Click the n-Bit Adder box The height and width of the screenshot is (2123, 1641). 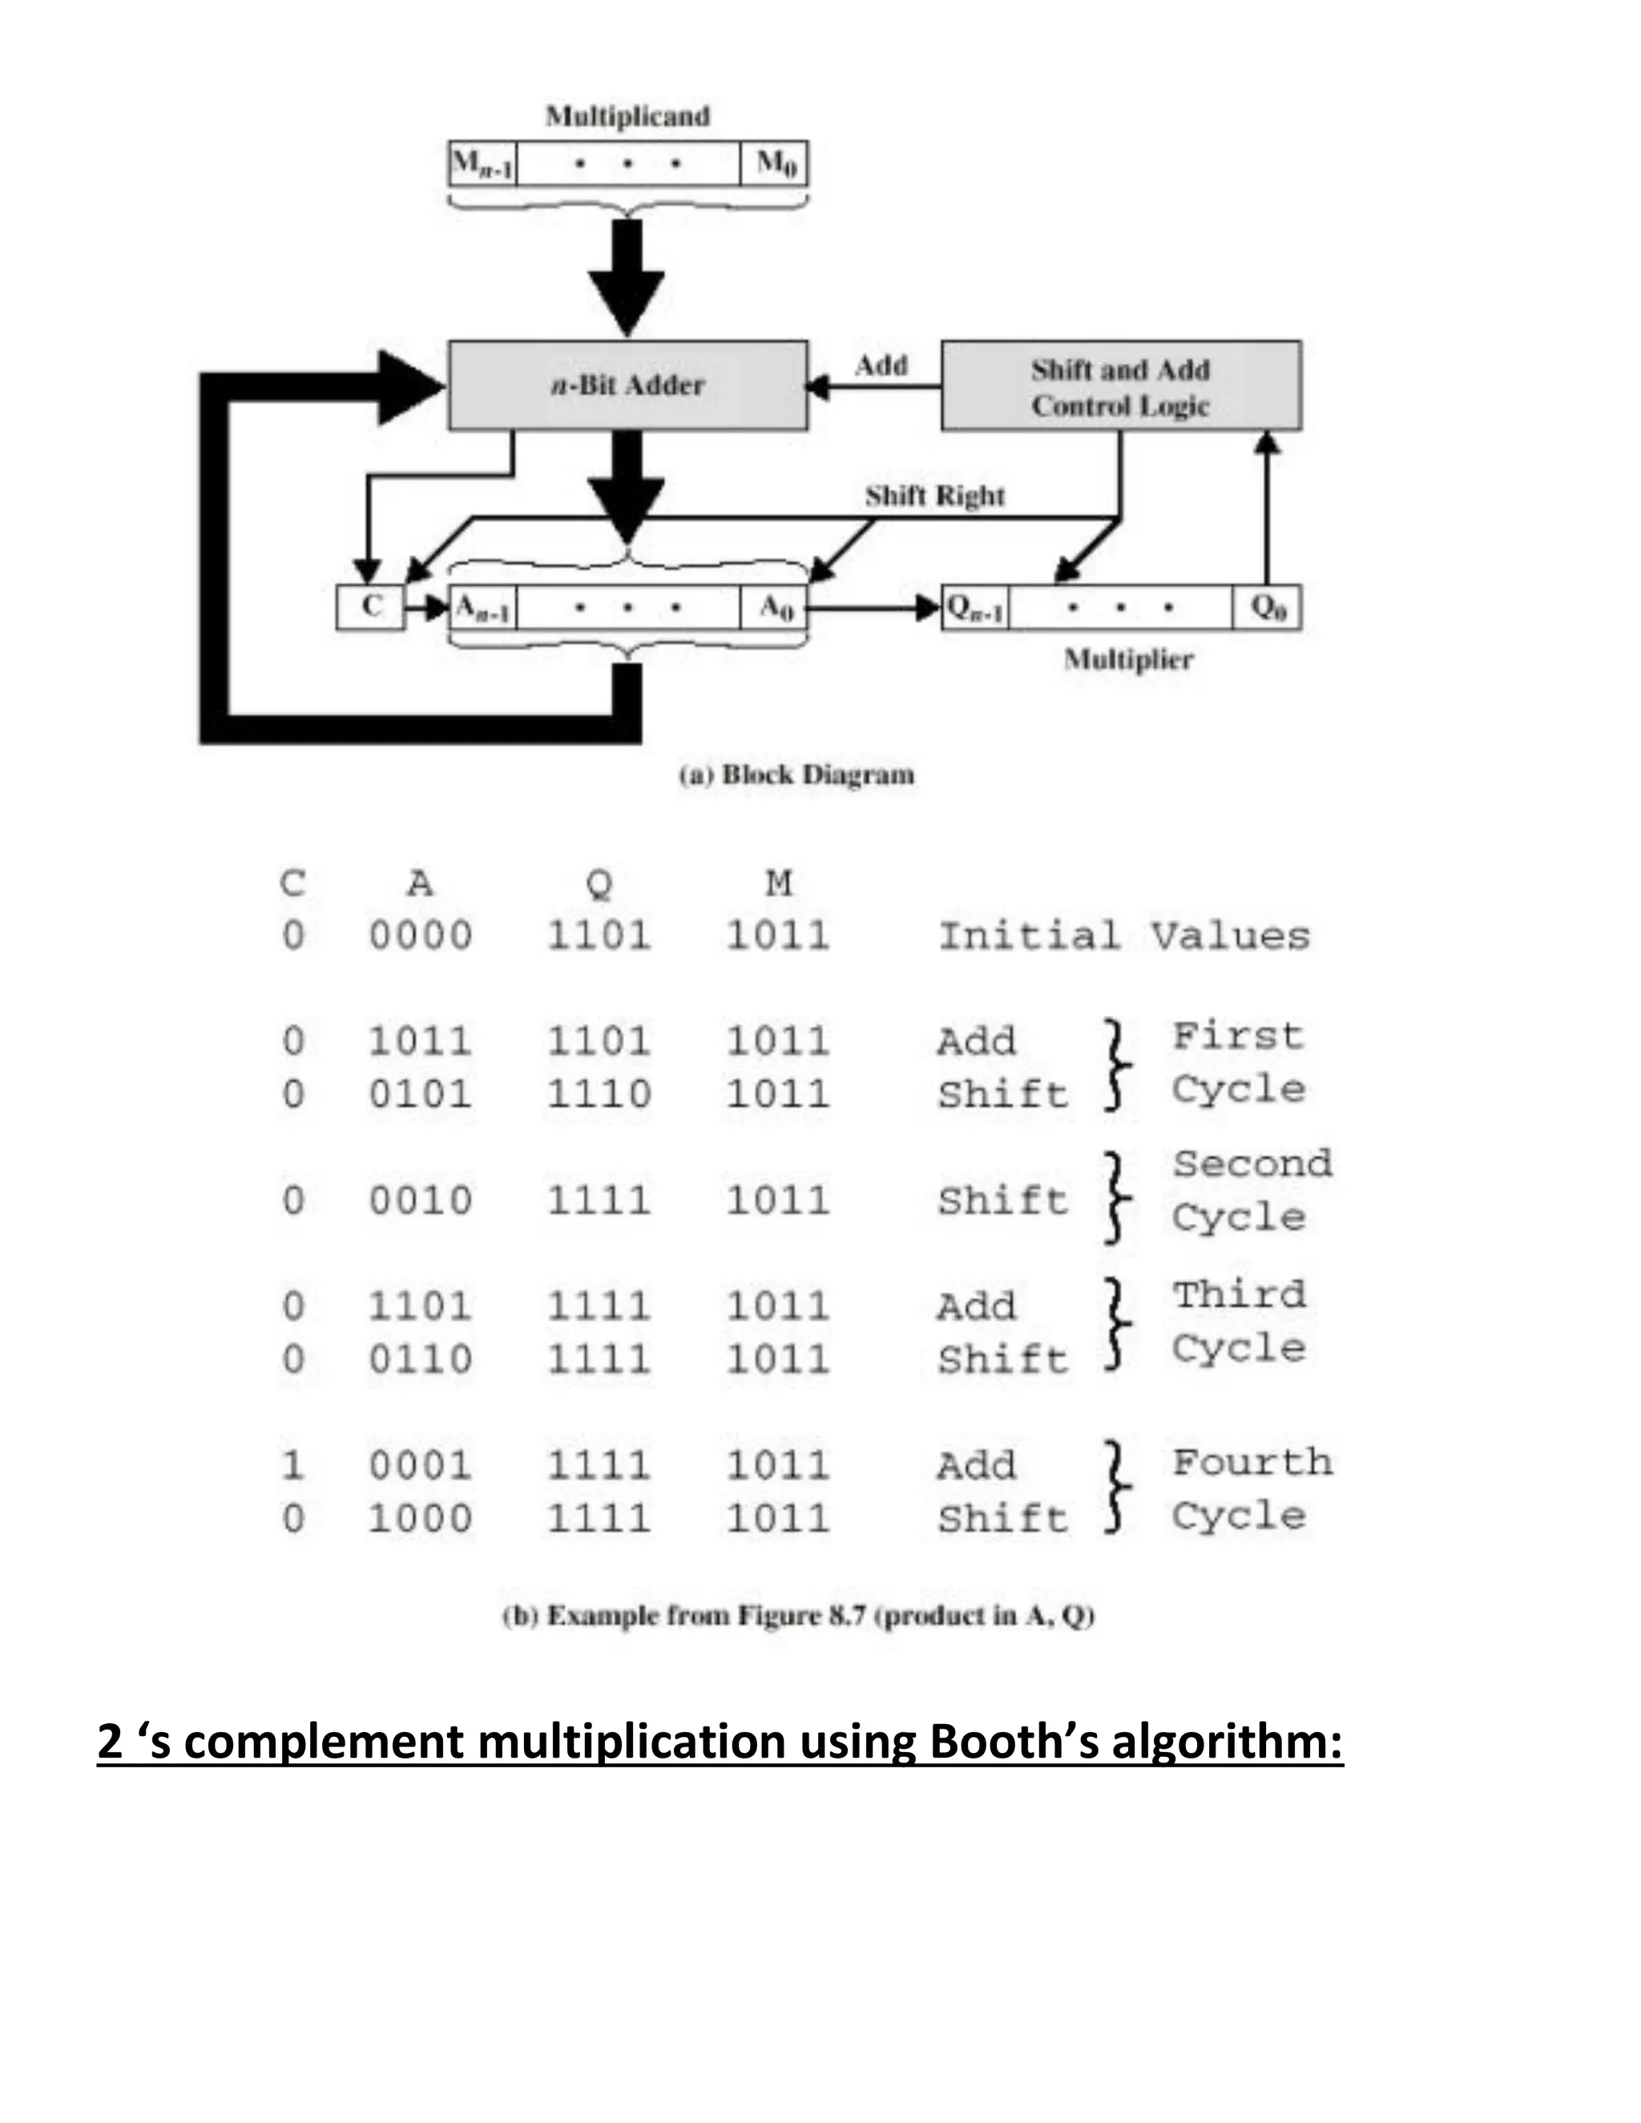[627, 385]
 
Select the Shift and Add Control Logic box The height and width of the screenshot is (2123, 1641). [1120, 386]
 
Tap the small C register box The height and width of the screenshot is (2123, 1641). [370, 607]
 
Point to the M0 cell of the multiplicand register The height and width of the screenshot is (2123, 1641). [775, 163]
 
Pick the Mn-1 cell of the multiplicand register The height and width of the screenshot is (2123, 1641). [482, 163]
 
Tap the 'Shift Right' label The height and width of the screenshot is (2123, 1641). [934, 496]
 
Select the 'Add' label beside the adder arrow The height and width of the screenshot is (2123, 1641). [881, 365]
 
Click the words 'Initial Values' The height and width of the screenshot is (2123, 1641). [1123, 935]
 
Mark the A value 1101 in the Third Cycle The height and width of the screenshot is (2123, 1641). [420, 1306]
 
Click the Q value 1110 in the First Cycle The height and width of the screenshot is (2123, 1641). [599, 1094]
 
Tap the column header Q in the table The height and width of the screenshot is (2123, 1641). [599, 883]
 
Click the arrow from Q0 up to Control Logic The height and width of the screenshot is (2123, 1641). [1267, 506]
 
